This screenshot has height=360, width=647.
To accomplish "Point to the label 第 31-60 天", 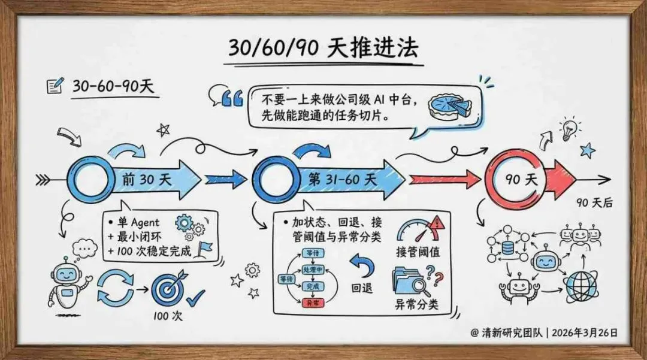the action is pyautogui.click(x=342, y=179).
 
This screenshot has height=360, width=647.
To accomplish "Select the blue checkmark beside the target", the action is pyautogui.click(x=195, y=297).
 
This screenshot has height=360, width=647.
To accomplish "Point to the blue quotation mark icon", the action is pyautogui.click(x=232, y=98).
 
